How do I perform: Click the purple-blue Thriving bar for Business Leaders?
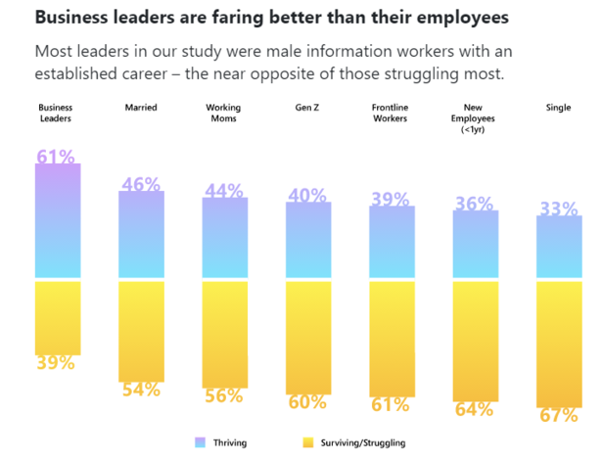[x=58, y=223]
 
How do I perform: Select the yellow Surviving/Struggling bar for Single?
[x=559, y=343]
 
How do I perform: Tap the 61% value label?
[x=57, y=157]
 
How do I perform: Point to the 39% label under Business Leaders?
[x=57, y=362]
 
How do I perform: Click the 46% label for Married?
[x=141, y=184]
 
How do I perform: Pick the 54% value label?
[x=141, y=390]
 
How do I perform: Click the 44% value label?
[x=224, y=192]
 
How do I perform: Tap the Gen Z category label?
[x=307, y=108]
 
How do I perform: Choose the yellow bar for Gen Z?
[x=308, y=337]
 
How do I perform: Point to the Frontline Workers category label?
[x=392, y=114]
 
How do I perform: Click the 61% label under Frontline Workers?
[x=392, y=404]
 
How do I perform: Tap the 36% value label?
[x=475, y=204]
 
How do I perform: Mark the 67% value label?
[x=559, y=415]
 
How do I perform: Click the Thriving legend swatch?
[x=200, y=442]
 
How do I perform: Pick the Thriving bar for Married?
[x=141, y=235]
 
